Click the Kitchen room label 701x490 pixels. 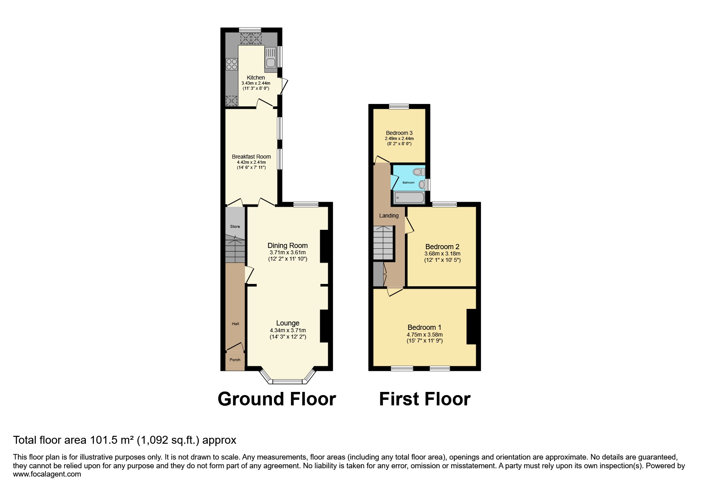point(256,78)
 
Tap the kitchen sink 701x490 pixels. point(271,58)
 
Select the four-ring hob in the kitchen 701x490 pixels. point(231,64)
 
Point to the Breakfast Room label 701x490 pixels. point(251,157)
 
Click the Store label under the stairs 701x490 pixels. point(235,227)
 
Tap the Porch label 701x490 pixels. point(235,360)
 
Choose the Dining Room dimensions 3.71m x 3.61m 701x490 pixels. point(288,252)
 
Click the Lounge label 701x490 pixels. point(288,323)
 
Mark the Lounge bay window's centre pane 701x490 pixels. point(287,382)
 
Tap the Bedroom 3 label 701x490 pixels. point(399,133)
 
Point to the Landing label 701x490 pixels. point(389,216)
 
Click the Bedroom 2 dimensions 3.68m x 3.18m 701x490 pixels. point(443,254)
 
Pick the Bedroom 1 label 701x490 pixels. point(424,327)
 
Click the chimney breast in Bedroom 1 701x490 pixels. point(471,326)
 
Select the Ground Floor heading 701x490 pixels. point(277,399)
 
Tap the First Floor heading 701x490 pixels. point(425,399)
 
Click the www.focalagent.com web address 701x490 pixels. point(47,474)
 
